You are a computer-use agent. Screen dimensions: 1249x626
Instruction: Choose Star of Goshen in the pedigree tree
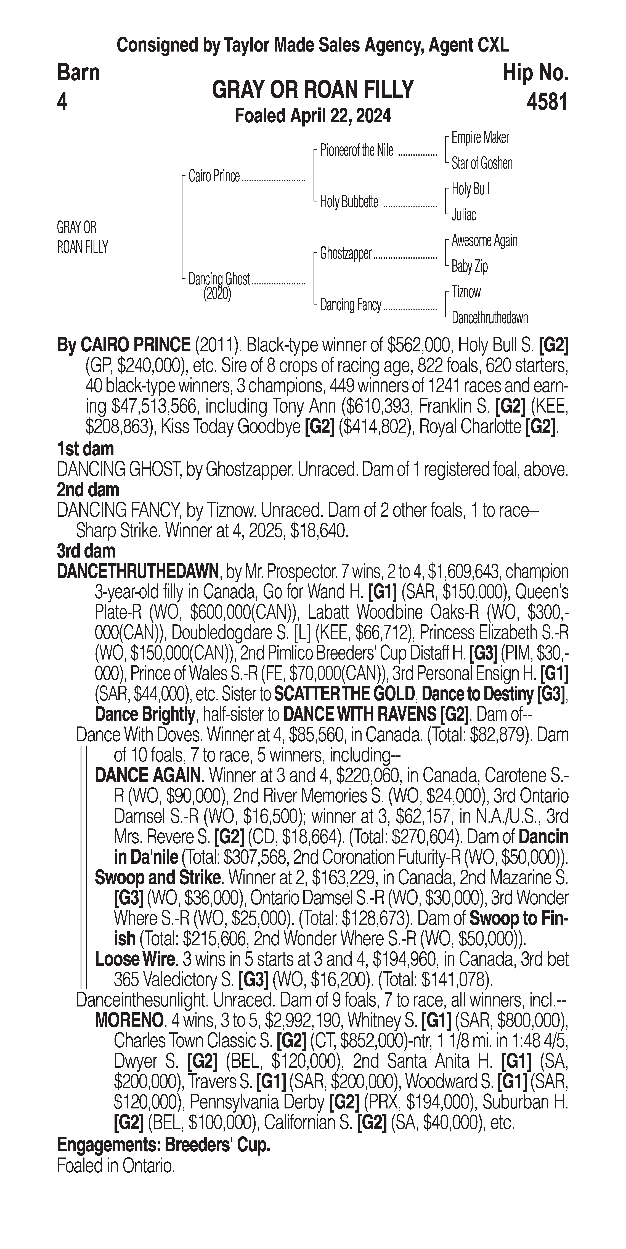[482, 163]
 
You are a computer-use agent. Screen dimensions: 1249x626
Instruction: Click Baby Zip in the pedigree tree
[469, 266]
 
